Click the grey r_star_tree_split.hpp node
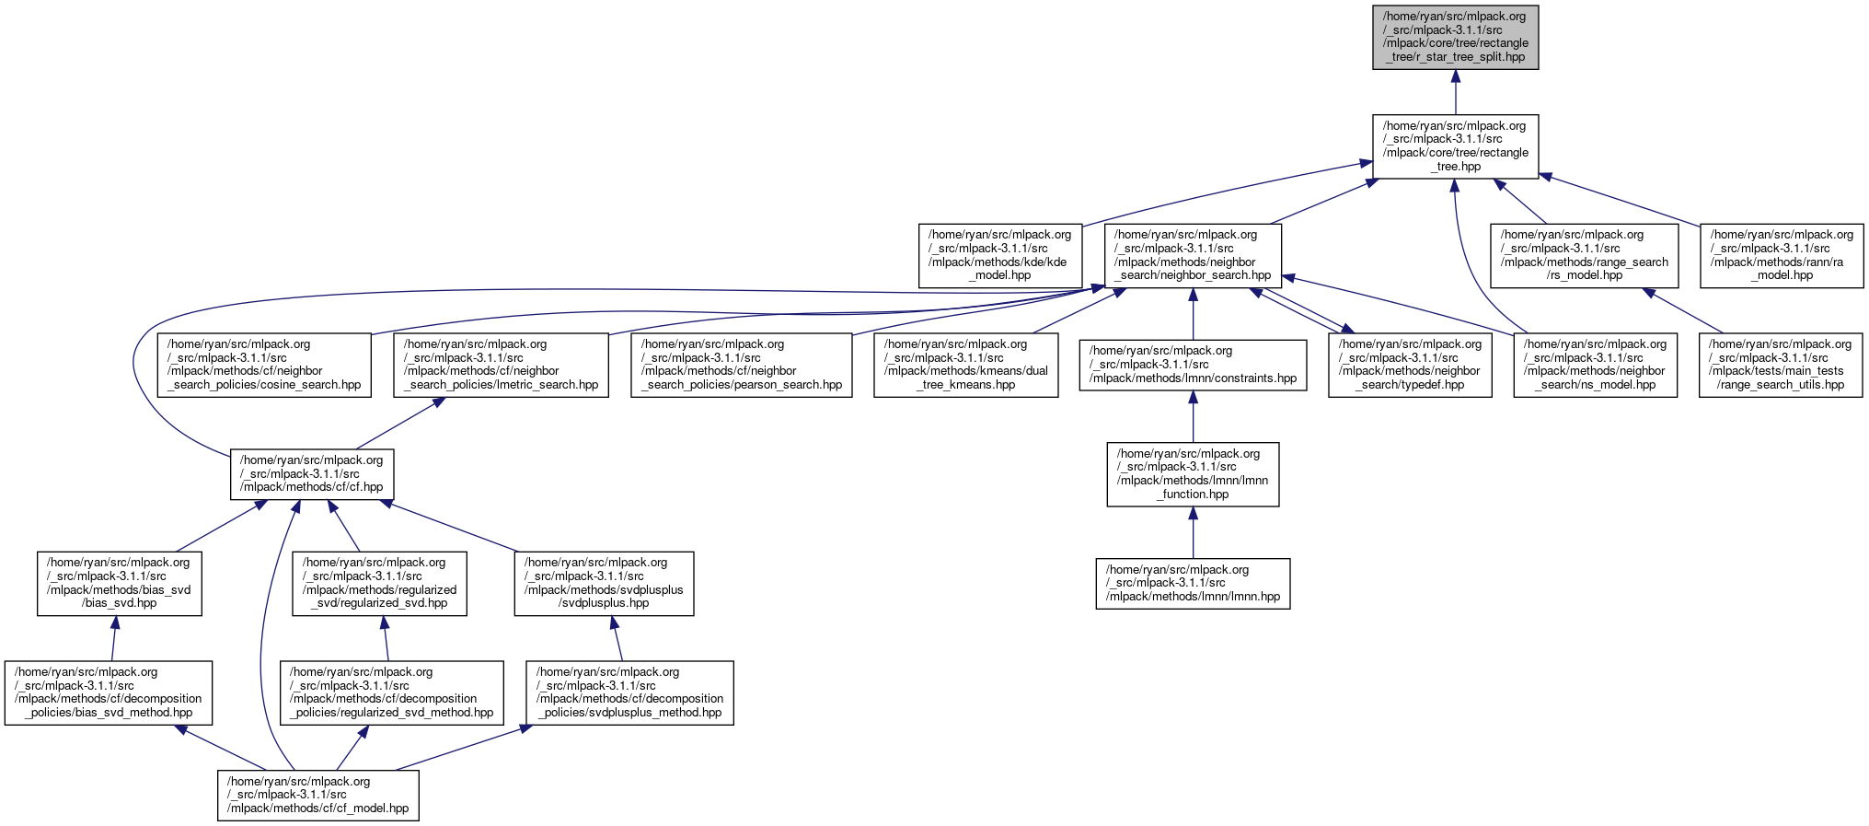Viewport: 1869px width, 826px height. [1455, 37]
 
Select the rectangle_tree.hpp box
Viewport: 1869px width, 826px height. [1455, 146]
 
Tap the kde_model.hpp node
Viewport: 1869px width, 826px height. [999, 255]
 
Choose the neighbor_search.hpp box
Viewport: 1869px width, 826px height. [1193, 255]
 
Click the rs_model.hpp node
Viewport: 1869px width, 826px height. [1585, 255]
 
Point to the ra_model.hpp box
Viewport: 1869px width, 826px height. [1782, 255]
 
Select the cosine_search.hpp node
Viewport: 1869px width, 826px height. [264, 365]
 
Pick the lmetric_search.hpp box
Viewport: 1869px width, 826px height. [502, 365]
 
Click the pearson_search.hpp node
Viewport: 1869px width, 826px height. [742, 365]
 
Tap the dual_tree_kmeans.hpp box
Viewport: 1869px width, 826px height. [966, 365]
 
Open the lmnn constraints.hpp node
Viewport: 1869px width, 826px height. [1193, 365]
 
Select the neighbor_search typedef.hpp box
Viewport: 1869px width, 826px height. [1410, 365]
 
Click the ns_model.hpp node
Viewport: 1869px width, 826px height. [1596, 365]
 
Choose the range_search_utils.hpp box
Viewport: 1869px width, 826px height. [1781, 365]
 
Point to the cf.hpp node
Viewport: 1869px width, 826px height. [312, 474]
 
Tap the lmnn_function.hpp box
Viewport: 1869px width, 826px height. [1193, 474]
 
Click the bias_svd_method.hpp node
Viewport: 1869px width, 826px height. [109, 692]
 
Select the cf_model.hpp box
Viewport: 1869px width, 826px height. [318, 795]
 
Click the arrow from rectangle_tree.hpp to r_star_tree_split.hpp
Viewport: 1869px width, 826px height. [1455, 92]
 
